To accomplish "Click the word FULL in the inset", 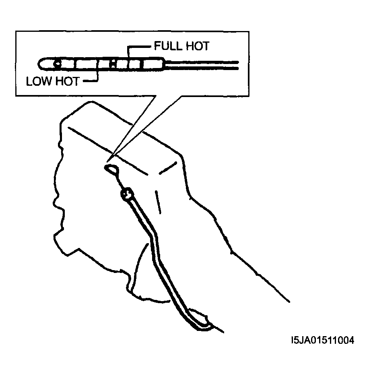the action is [168, 46].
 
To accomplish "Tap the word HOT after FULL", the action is [198, 46].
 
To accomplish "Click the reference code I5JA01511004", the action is [323, 340].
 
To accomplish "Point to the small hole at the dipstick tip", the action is [57, 64].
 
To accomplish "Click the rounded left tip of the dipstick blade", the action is [41, 64].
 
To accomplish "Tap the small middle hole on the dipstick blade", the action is [113, 64].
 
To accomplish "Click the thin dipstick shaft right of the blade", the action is [202, 65].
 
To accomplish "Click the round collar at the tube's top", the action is [126, 194].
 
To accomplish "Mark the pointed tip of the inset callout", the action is [107, 162].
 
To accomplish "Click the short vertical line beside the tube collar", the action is [158, 202].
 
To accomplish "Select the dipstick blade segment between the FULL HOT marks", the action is [135, 64].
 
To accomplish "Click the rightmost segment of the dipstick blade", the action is [153, 64].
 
